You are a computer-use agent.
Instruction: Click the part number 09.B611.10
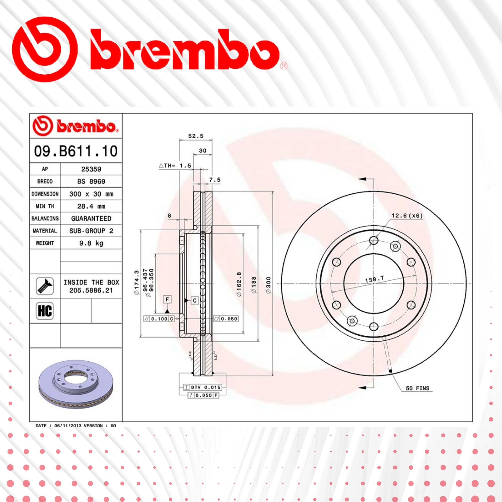click(76, 151)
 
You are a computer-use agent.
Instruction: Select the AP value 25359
click(91, 169)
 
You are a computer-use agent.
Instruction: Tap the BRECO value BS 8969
click(91, 181)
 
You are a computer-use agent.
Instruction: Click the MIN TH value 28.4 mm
click(91, 206)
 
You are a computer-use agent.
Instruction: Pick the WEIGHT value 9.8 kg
click(91, 243)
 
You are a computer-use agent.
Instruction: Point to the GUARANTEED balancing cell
click(91, 219)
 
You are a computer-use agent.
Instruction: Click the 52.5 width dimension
click(196, 136)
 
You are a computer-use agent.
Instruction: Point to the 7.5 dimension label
click(215, 180)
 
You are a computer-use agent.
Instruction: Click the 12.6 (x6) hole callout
click(407, 216)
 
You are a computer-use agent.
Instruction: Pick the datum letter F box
click(167, 300)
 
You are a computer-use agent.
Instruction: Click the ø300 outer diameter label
click(268, 285)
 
